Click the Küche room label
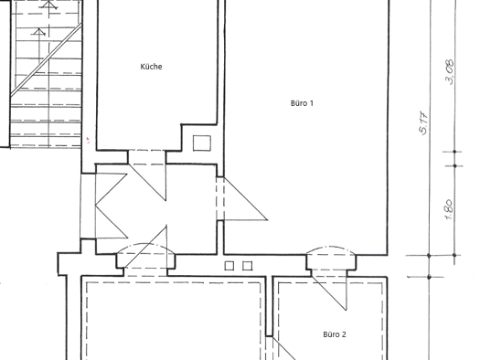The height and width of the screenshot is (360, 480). point(151,67)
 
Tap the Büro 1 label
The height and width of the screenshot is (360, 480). point(302,103)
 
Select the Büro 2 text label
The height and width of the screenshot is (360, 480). point(335,334)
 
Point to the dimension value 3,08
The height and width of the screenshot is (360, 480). point(451,72)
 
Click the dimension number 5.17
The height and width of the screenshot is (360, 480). point(423,122)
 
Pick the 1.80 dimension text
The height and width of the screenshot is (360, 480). point(449,209)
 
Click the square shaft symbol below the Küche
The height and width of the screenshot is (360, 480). point(202,143)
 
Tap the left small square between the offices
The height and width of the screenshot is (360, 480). point(229,266)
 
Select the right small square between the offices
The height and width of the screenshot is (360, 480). point(248,266)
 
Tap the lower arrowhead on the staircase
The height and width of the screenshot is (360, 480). point(39,31)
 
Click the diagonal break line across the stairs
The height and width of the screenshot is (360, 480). point(46,60)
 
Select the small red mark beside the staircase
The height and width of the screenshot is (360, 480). point(88,141)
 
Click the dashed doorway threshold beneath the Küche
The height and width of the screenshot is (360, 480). point(147,157)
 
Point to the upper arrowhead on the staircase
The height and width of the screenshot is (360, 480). point(49,5)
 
